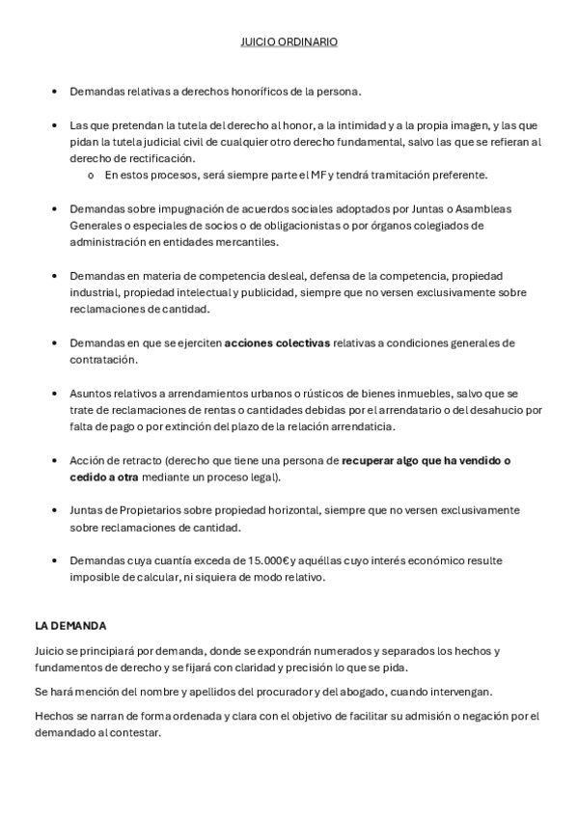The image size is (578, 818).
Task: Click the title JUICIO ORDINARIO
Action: click(x=289, y=42)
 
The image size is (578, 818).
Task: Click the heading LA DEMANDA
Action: click(x=69, y=626)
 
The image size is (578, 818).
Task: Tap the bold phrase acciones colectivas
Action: click(x=277, y=342)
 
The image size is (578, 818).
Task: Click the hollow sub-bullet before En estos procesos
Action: click(x=90, y=176)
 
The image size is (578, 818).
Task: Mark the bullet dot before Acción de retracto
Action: click(x=53, y=461)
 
